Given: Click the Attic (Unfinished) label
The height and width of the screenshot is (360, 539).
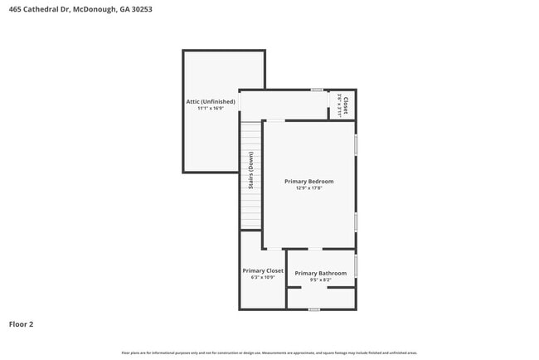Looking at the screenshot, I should coord(211,101).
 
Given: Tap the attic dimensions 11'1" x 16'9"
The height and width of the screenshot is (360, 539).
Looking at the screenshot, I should coord(211,109).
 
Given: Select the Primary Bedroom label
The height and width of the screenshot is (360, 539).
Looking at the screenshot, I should coord(308,181).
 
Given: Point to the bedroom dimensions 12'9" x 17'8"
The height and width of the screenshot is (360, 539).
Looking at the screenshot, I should coord(308,188).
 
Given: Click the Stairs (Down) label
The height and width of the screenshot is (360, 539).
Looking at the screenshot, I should coord(250,171).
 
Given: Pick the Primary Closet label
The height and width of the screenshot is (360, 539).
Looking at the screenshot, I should coord(263,270).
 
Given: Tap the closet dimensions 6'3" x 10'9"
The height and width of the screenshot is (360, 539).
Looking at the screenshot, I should coord(263,278).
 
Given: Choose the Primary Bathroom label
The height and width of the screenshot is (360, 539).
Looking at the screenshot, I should coord(321,273).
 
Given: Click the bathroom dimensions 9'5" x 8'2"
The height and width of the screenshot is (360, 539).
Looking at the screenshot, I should coord(321,280).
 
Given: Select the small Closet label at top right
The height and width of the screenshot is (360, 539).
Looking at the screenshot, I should coord(344,105).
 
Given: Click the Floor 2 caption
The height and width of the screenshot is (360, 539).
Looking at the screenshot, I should coord(22,324).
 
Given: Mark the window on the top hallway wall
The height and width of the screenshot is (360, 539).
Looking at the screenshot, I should coord(317,90).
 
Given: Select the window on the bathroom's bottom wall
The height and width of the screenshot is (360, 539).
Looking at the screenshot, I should coord(313,309).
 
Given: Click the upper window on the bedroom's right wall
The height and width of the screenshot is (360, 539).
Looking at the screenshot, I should coord(356,144).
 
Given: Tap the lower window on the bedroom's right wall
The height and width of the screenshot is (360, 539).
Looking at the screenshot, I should coord(356,221).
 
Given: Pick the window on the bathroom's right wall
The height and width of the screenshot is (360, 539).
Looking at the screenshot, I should coord(356,265).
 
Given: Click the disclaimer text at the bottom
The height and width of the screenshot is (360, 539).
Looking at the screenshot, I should coord(269,353).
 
